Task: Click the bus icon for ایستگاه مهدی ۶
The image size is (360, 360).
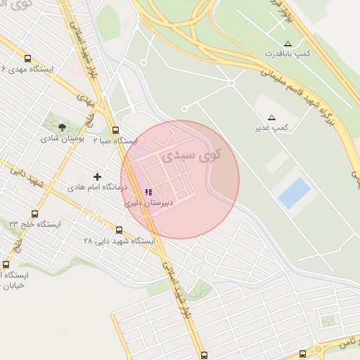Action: click(x=27, y=59)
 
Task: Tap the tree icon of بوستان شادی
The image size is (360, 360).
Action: click(x=62, y=127)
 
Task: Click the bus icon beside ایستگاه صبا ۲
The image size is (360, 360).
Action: click(x=116, y=130)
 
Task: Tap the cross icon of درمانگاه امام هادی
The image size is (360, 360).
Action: click(x=97, y=176)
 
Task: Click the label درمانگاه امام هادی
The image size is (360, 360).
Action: click(x=96, y=188)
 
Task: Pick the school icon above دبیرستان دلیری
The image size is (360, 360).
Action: click(x=148, y=191)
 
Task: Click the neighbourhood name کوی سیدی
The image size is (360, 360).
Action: click(x=191, y=155)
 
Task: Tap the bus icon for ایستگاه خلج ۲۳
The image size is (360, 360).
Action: click(x=34, y=213)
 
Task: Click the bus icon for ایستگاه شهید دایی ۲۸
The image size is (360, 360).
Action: click(x=119, y=230)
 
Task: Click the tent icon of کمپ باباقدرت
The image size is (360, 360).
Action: click(x=288, y=43)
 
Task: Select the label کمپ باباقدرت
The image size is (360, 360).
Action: click(x=288, y=53)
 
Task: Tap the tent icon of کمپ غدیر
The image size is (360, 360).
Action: click(x=272, y=117)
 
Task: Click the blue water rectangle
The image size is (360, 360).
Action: click(x=295, y=193)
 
